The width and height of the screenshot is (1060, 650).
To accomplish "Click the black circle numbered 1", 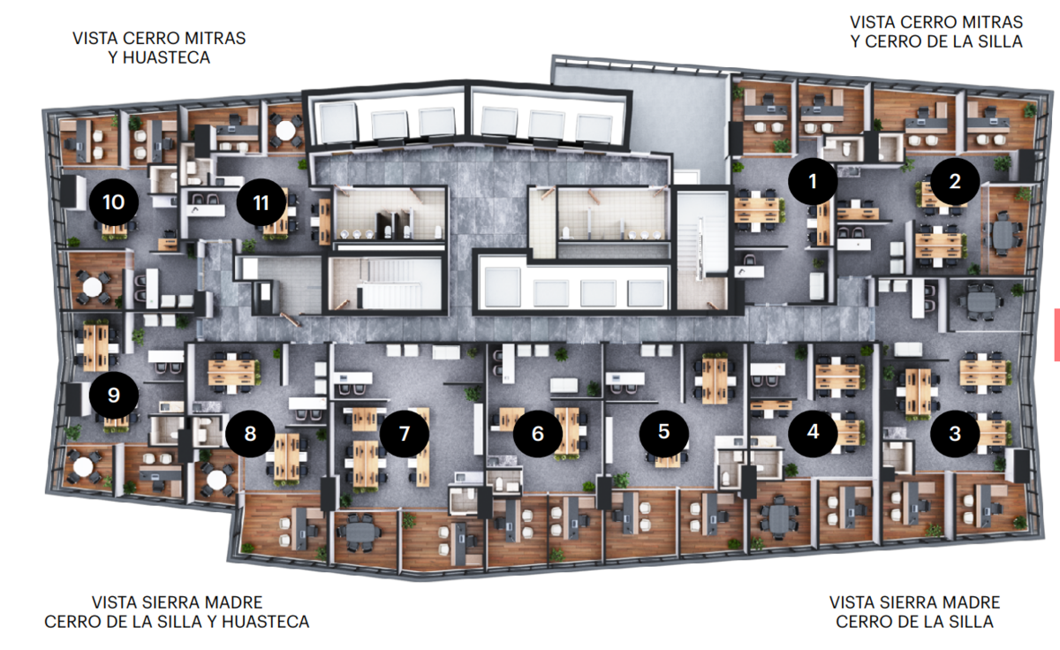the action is (813, 181).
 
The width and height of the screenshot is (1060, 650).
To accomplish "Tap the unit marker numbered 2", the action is (955, 181).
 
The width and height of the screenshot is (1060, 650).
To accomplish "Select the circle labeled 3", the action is (955, 434).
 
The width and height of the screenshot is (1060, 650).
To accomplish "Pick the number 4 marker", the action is (813, 432).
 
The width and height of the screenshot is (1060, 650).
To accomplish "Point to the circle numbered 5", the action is (664, 432).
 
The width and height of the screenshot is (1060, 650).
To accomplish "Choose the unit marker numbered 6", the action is (538, 434).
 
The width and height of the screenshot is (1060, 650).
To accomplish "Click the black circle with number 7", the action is (405, 434).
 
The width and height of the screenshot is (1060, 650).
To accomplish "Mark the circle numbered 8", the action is (250, 434).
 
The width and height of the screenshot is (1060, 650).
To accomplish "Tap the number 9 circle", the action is (114, 395).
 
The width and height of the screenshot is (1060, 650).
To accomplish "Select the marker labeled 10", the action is (114, 202).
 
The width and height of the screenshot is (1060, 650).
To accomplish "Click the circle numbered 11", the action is (261, 202).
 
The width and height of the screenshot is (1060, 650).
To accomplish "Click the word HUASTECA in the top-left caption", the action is (166, 57).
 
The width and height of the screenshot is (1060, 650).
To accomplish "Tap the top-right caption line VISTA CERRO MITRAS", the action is (936, 22).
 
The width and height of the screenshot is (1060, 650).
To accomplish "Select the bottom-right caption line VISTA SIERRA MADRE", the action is (915, 602).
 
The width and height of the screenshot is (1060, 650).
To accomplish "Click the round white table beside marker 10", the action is (92, 287).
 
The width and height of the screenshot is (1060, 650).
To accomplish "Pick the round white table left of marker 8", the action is (216, 480).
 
